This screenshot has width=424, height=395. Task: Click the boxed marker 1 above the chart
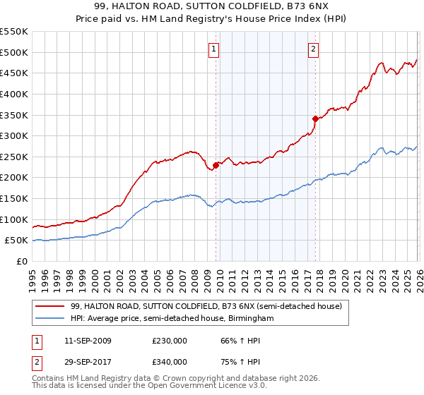click(214, 49)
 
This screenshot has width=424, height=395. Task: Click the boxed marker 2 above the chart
click(313, 49)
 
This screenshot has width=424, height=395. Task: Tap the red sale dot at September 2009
click(216, 165)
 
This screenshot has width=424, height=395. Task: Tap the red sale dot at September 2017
click(316, 119)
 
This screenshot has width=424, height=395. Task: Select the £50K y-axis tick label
click(17, 241)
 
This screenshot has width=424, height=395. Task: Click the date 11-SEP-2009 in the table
click(87, 341)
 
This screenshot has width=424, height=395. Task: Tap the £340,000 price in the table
click(170, 361)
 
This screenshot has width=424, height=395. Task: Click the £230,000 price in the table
click(170, 341)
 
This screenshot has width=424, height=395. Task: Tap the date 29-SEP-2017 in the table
click(87, 361)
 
